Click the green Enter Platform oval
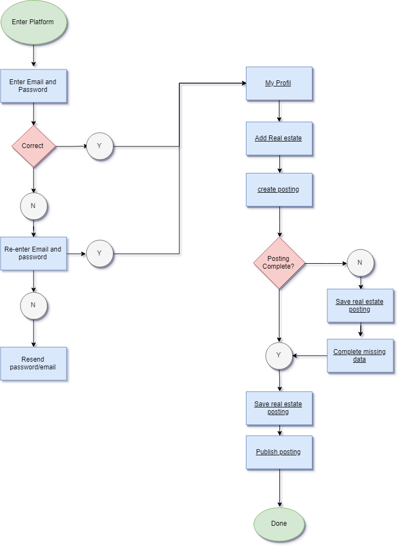pos(34,23)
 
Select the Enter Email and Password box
pos(34,86)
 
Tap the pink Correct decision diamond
pos(34,146)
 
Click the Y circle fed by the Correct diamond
pos(100,146)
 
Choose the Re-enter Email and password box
pos(34,253)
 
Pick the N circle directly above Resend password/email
pos(34,305)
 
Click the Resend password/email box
pos(34,363)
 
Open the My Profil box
pos(279,84)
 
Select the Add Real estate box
pos(279,138)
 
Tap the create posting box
pos(279,190)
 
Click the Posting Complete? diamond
pos(279,263)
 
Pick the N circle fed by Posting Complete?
pos(360,263)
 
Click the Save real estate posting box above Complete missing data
pos(360,306)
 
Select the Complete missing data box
pos(360,356)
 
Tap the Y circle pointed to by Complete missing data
pos(279,356)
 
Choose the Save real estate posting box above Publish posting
pos(279,408)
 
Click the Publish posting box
pos(279,453)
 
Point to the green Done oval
pos(279,524)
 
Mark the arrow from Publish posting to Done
pos(279,488)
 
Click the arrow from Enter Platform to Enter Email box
pos(34,56)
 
